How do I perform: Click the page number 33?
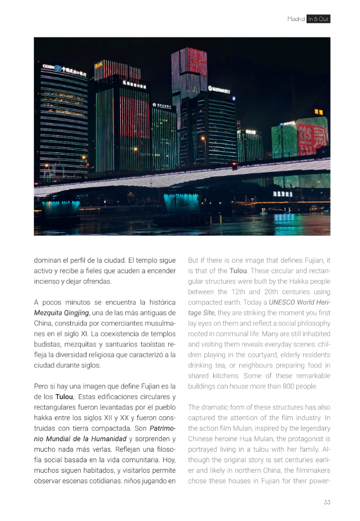coord(327,502)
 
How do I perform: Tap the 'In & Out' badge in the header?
coord(318,19)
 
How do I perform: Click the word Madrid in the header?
coord(296,19)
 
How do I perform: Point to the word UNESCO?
coord(286,302)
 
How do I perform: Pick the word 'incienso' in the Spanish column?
coord(47,281)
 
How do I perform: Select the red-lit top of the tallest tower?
coord(189,62)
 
